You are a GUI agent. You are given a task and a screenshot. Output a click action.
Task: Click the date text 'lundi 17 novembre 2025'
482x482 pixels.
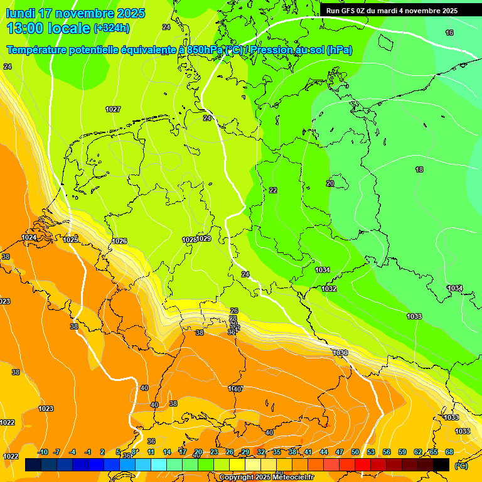[75, 13]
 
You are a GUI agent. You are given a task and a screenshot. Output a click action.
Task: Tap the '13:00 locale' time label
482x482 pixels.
[49, 28]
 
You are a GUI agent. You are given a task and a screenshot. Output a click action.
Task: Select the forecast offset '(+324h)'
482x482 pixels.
[112, 28]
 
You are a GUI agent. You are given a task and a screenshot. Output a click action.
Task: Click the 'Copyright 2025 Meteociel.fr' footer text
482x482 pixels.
[266, 478]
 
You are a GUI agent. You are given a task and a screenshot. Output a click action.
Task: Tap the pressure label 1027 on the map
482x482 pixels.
[113, 109]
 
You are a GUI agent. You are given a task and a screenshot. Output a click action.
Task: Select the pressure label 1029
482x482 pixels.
[204, 239]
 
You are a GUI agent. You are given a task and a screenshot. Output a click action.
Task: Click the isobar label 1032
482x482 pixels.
[329, 289]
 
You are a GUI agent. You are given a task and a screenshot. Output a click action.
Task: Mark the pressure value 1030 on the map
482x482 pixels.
[340, 353]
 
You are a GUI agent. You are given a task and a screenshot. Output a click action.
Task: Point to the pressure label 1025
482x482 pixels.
[70, 240]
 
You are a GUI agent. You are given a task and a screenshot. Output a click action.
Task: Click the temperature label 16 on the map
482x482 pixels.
[449, 33]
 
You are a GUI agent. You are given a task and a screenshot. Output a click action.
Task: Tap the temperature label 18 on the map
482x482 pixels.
[419, 170]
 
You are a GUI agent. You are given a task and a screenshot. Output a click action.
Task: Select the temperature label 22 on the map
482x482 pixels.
[273, 190]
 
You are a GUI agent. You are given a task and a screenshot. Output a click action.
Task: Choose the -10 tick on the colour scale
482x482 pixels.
[43, 453]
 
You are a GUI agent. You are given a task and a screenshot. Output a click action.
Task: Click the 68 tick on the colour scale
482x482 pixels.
[449, 453]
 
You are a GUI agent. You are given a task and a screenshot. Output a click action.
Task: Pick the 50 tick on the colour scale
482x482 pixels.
[355, 453]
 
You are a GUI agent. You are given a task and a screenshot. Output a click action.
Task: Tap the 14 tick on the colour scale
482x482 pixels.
[167, 453]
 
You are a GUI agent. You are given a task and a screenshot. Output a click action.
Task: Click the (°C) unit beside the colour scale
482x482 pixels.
[461, 466]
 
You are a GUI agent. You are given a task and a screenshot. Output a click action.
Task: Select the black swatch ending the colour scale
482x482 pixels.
[441, 465]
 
